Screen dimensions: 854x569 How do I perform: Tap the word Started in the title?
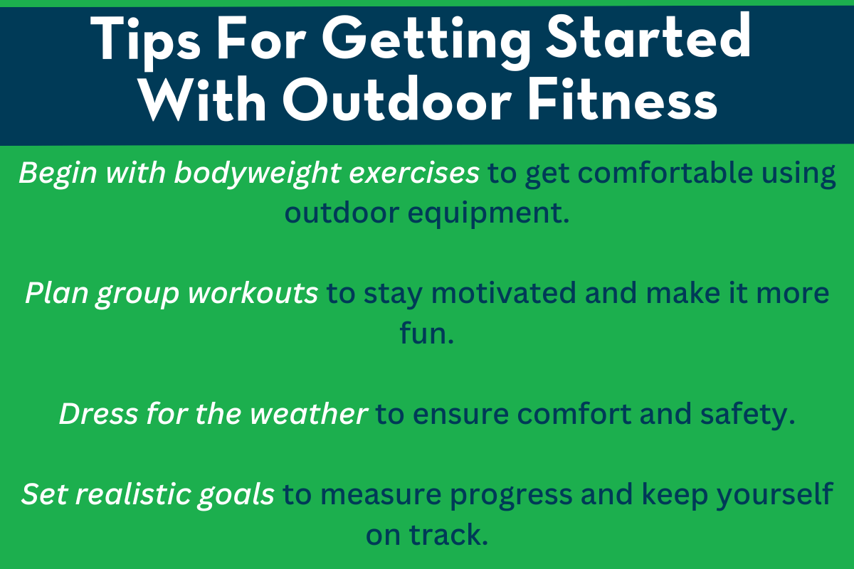[x=648, y=36]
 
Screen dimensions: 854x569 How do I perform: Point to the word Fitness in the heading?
[x=623, y=99]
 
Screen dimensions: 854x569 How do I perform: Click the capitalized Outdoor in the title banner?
[x=397, y=99]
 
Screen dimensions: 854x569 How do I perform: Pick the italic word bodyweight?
[x=258, y=174]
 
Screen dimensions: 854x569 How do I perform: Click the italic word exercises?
[x=414, y=174]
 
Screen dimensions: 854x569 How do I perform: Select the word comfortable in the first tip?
[x=665, y=173]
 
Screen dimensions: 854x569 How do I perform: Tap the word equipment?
[x=488, y=214]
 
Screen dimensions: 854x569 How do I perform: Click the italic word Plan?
[x=57, y=294]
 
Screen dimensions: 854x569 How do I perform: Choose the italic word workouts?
[x=253, y=294]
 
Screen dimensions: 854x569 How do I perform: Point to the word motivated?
[x=504, y=293]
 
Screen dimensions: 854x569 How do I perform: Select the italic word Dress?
[x=98, y=414]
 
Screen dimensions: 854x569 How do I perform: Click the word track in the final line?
[x=449, y=534]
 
